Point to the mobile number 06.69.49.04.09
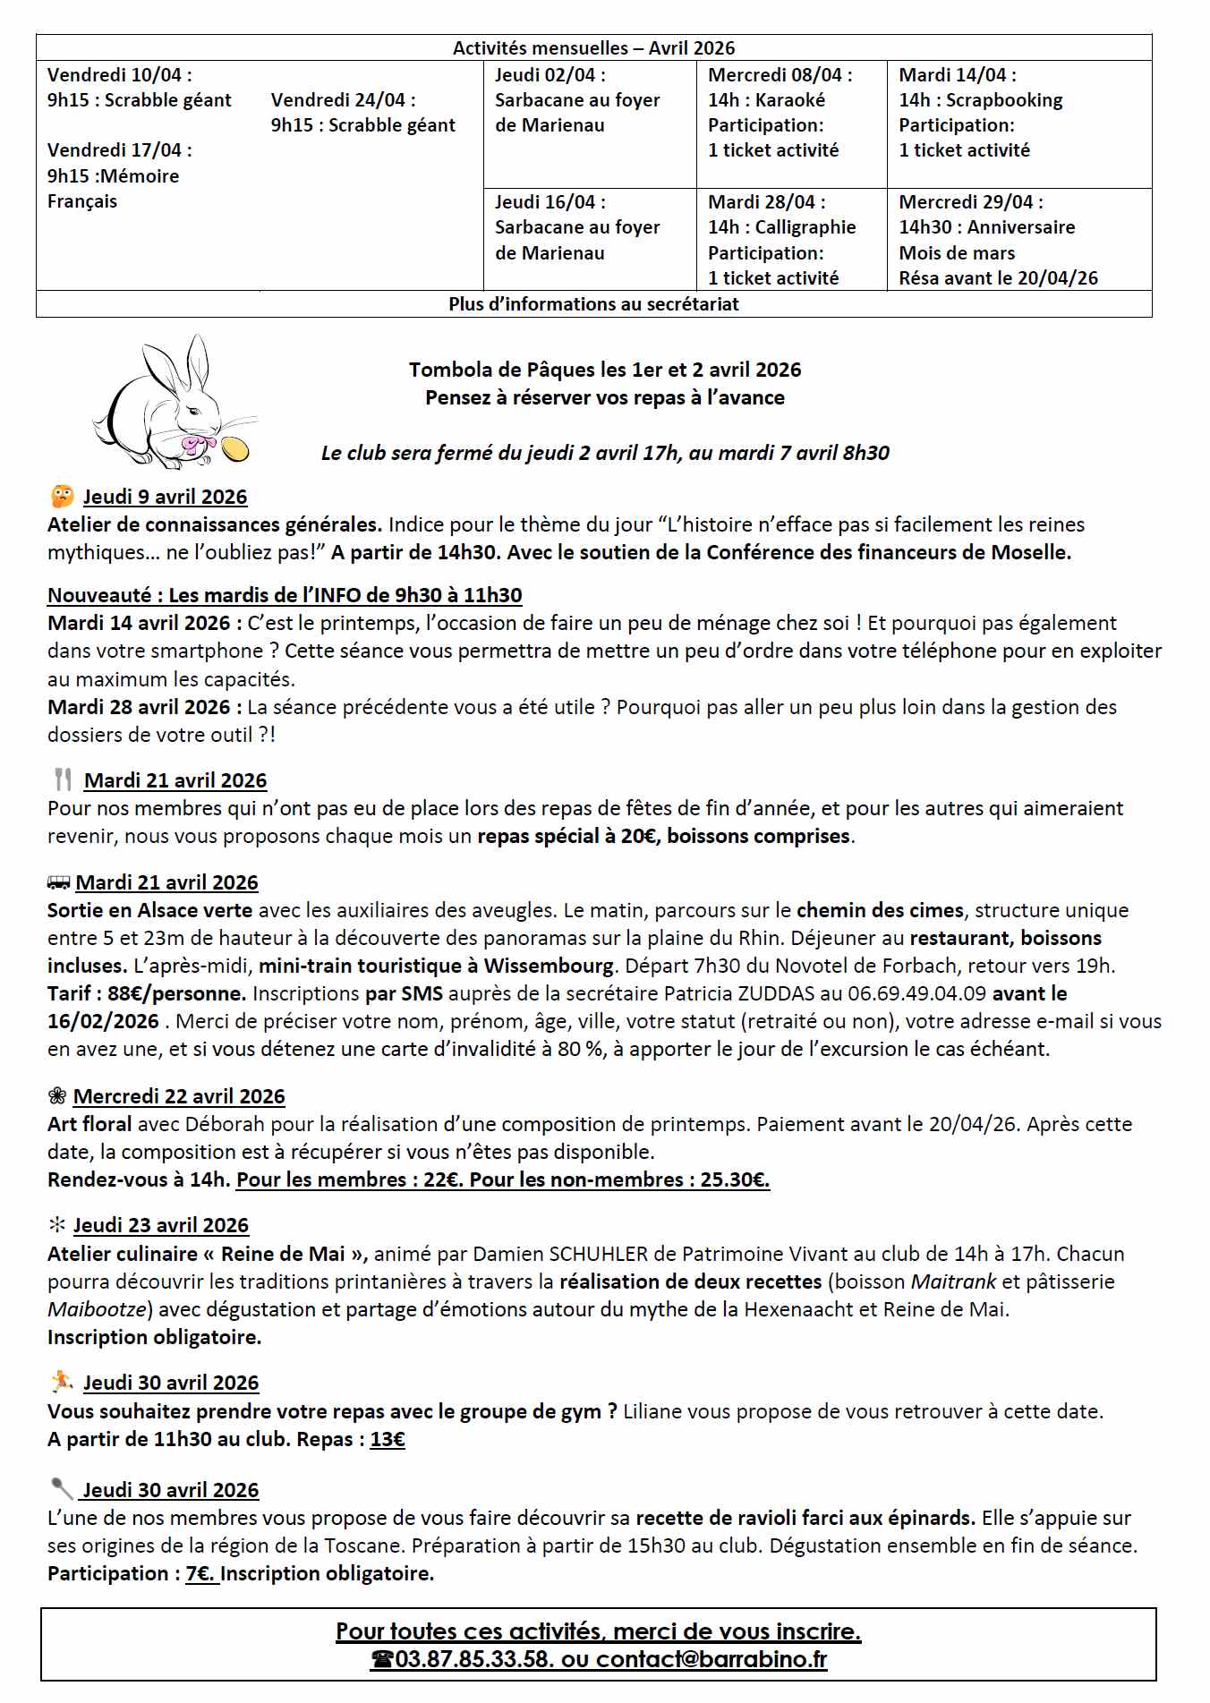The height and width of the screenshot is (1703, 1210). point(920,992)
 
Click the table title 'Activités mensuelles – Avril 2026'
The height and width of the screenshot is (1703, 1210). point(593,48)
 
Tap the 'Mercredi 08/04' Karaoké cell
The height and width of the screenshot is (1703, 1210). point(791,113)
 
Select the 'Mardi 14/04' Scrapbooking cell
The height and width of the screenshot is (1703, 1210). point(1018,113)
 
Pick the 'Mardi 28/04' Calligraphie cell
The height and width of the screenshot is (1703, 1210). point(791,240)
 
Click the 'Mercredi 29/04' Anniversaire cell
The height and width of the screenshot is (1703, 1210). point(1018,240)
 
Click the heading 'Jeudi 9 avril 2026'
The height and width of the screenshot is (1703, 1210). point(166,497)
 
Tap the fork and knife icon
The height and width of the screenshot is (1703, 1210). point(63,779)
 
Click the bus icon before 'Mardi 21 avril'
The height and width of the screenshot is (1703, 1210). point(58,883)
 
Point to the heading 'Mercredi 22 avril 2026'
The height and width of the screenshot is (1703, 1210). point(179,1096)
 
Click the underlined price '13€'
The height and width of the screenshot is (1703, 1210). point(388,1439)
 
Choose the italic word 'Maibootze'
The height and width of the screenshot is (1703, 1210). point(97,1309)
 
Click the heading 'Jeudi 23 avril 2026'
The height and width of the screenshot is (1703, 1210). point(161,1225)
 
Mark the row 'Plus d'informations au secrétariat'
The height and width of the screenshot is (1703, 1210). point(593,304)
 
